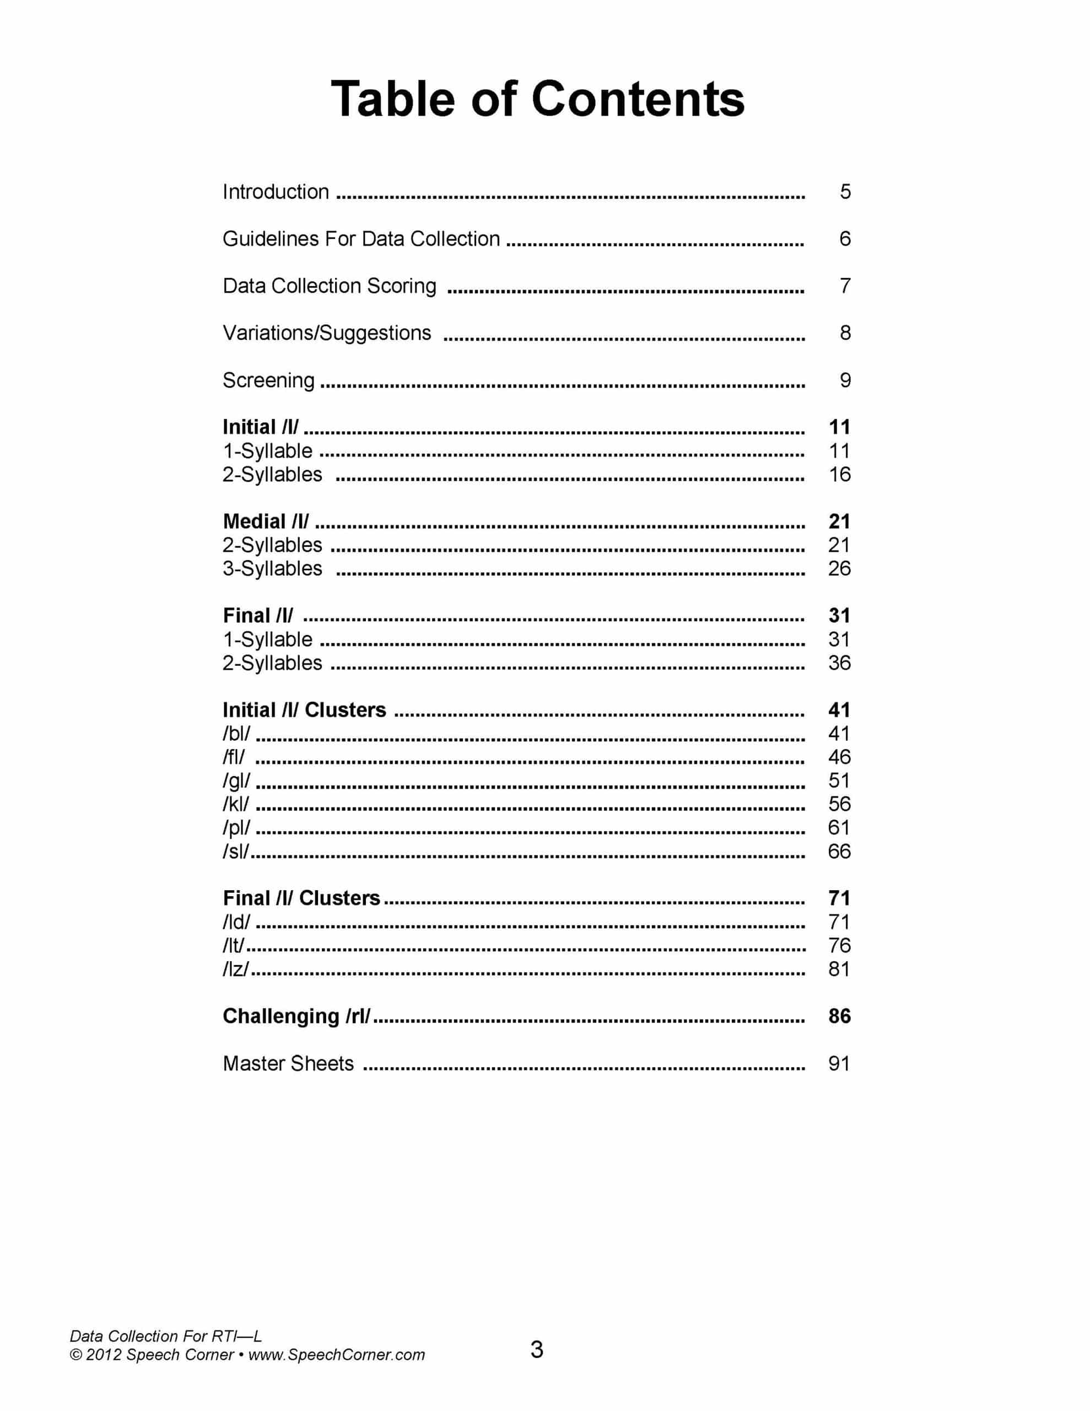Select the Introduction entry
[x=276, y=192]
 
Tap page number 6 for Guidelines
[x=844, y=239]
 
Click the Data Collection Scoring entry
[x=330, y=286]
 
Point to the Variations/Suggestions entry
[x=327, y=333]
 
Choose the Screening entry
[x=269, y=380]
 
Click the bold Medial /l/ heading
[x=266, y=521]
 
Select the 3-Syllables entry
[x=272, y=569]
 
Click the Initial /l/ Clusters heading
[x=304, y=709]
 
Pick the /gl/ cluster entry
[x=236, y=780]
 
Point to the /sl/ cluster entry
[x=236, y=851]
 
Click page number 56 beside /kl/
[x=839, y=804]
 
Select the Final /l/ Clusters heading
[x=301, y=898]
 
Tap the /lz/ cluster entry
[x=236, y=968]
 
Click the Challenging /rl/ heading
[x=296, y=1016]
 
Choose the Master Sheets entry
[x=288, y=1063]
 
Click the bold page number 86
[x=839, y=1016]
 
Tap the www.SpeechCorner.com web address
[x=337, y=1354]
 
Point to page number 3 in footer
[x=536, y=1350]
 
